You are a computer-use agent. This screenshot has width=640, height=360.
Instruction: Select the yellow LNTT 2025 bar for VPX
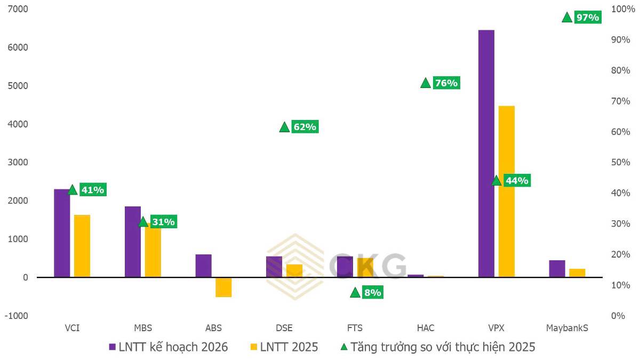506,191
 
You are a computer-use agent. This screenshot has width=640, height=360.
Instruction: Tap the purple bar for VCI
62,233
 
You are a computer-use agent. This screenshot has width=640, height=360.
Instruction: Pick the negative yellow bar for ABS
223,287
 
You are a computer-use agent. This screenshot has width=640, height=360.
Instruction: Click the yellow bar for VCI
82,246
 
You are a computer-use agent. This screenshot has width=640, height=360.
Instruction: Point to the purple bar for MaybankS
557,269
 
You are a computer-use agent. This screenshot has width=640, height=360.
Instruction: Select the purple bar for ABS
203,266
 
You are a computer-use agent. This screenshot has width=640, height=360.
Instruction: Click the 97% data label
588,18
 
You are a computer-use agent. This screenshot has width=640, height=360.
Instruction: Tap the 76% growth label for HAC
446,83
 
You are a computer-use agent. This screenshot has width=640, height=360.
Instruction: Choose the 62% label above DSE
305,127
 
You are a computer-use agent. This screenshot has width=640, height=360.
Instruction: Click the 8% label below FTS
372,292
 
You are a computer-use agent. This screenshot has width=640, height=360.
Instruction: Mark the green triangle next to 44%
497,180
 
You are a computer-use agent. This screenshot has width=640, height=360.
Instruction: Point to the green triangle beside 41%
73,189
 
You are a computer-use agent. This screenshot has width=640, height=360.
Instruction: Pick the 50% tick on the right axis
620,162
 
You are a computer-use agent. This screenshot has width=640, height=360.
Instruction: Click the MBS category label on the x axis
142,328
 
